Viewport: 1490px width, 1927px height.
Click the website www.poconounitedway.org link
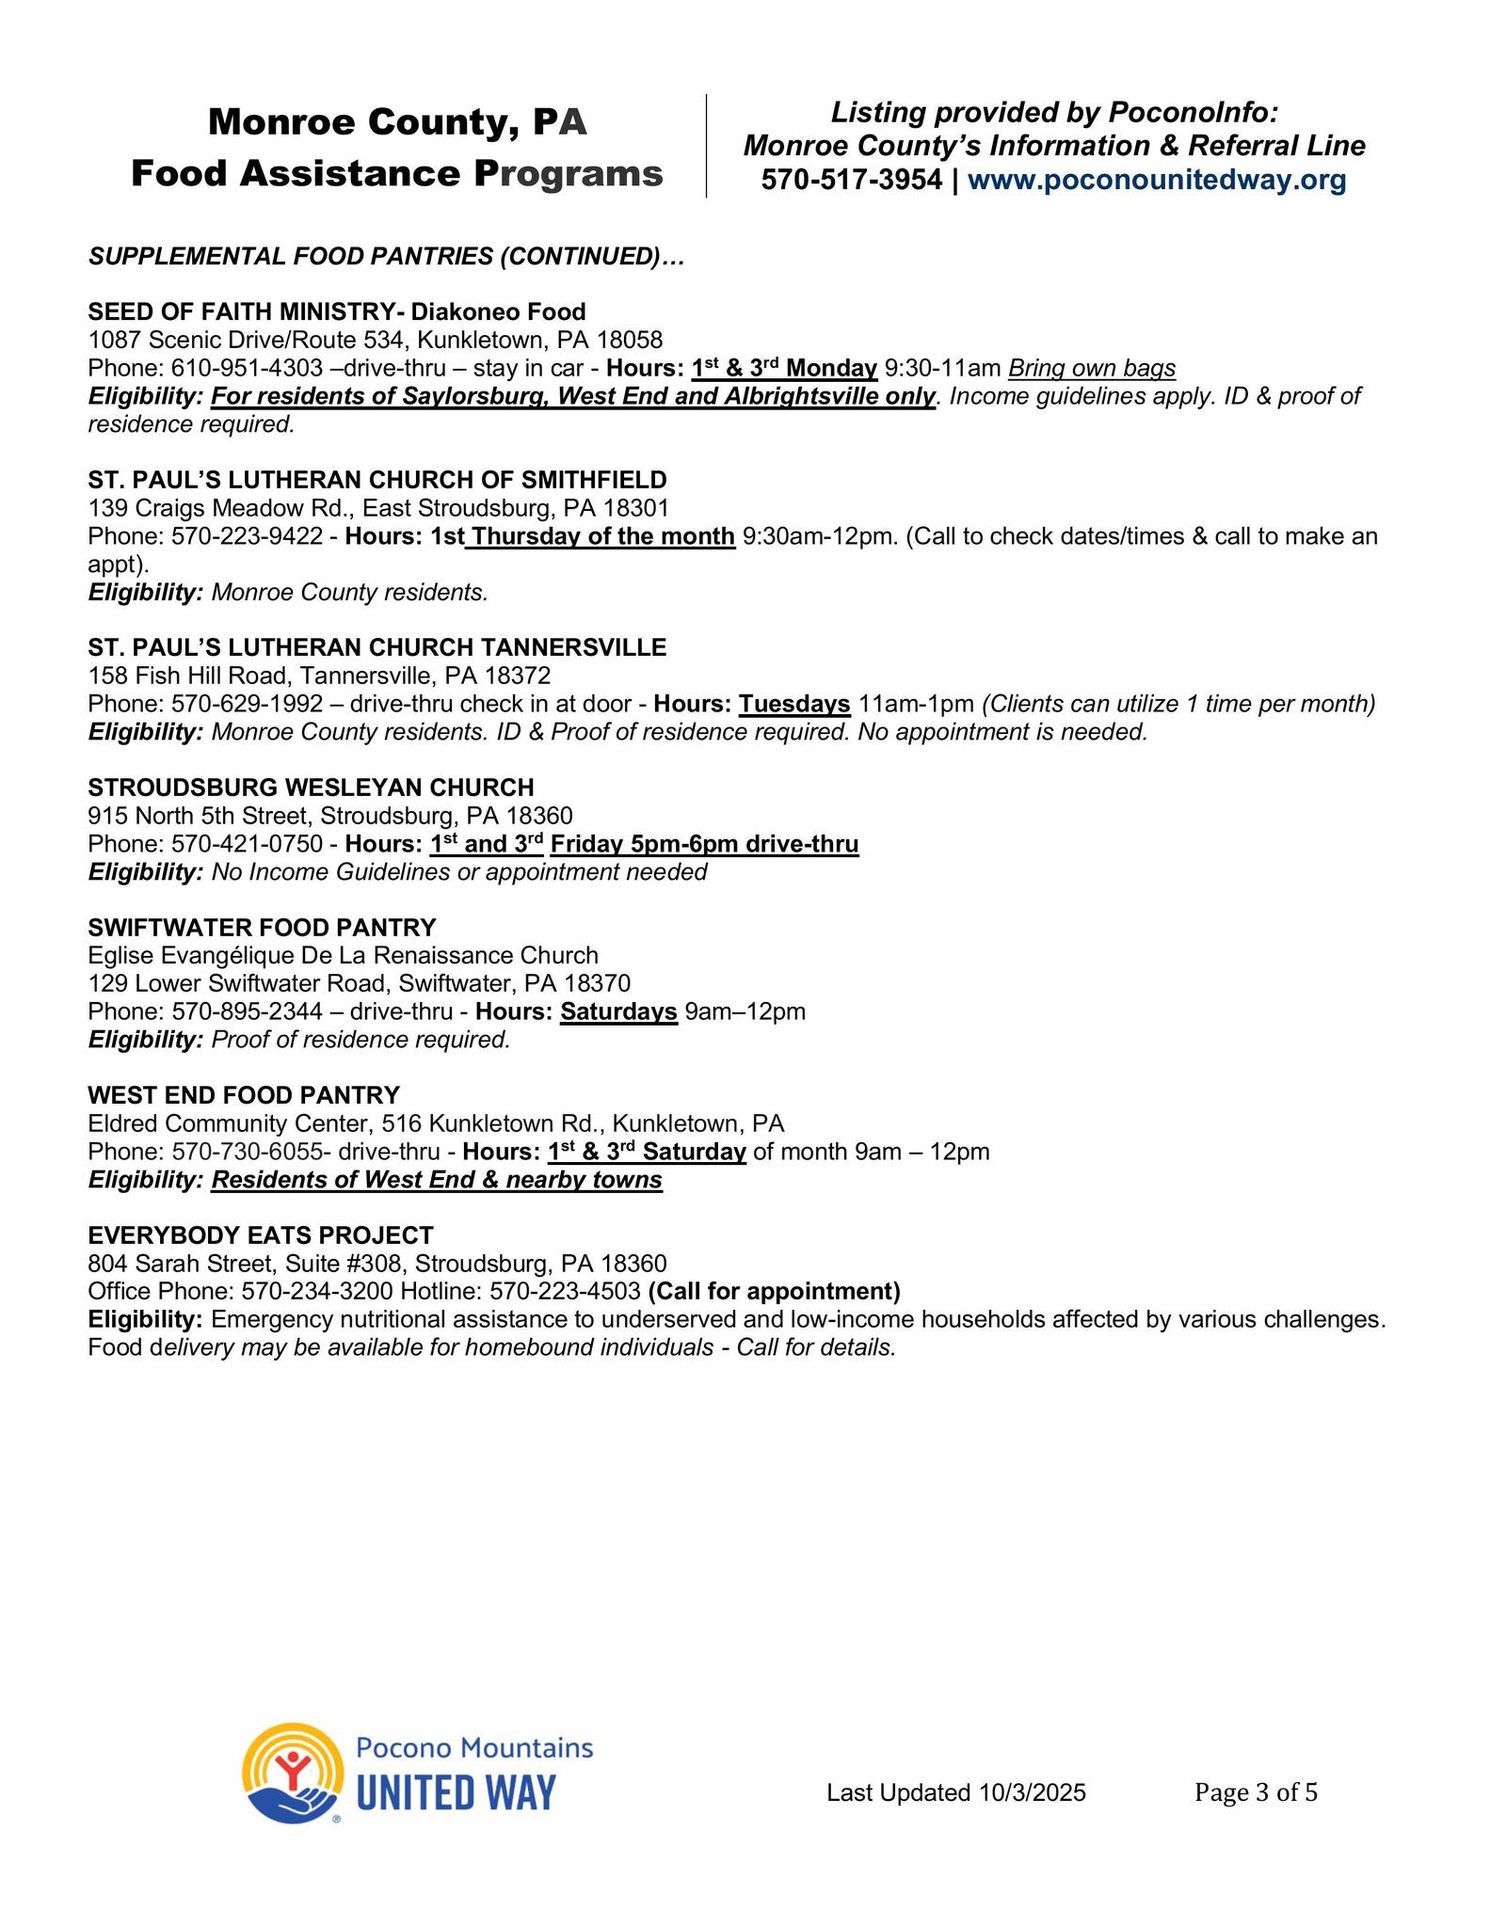click(x=1157, y=180)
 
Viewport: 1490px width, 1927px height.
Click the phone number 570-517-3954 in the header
click(x=851, y=180)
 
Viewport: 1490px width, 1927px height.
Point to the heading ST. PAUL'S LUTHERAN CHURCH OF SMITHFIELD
click(x=377, y=480)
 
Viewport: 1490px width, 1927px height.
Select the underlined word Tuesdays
click(x=794, y=704)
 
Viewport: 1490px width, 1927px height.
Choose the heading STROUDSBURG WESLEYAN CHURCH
click(x=311, y=788)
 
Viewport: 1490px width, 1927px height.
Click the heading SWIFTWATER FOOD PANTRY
click(x=262, y=928)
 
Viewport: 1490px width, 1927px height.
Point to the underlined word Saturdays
click(x=618, y=1011)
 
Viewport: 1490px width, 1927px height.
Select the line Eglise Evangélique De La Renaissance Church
click(x=343, y=956)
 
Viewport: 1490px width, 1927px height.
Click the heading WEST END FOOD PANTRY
click(x=244, y=1095)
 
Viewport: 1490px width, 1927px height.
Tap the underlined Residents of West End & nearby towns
click(x=437, y=1180)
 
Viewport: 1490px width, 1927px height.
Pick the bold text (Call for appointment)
click(x=774, y=1291)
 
